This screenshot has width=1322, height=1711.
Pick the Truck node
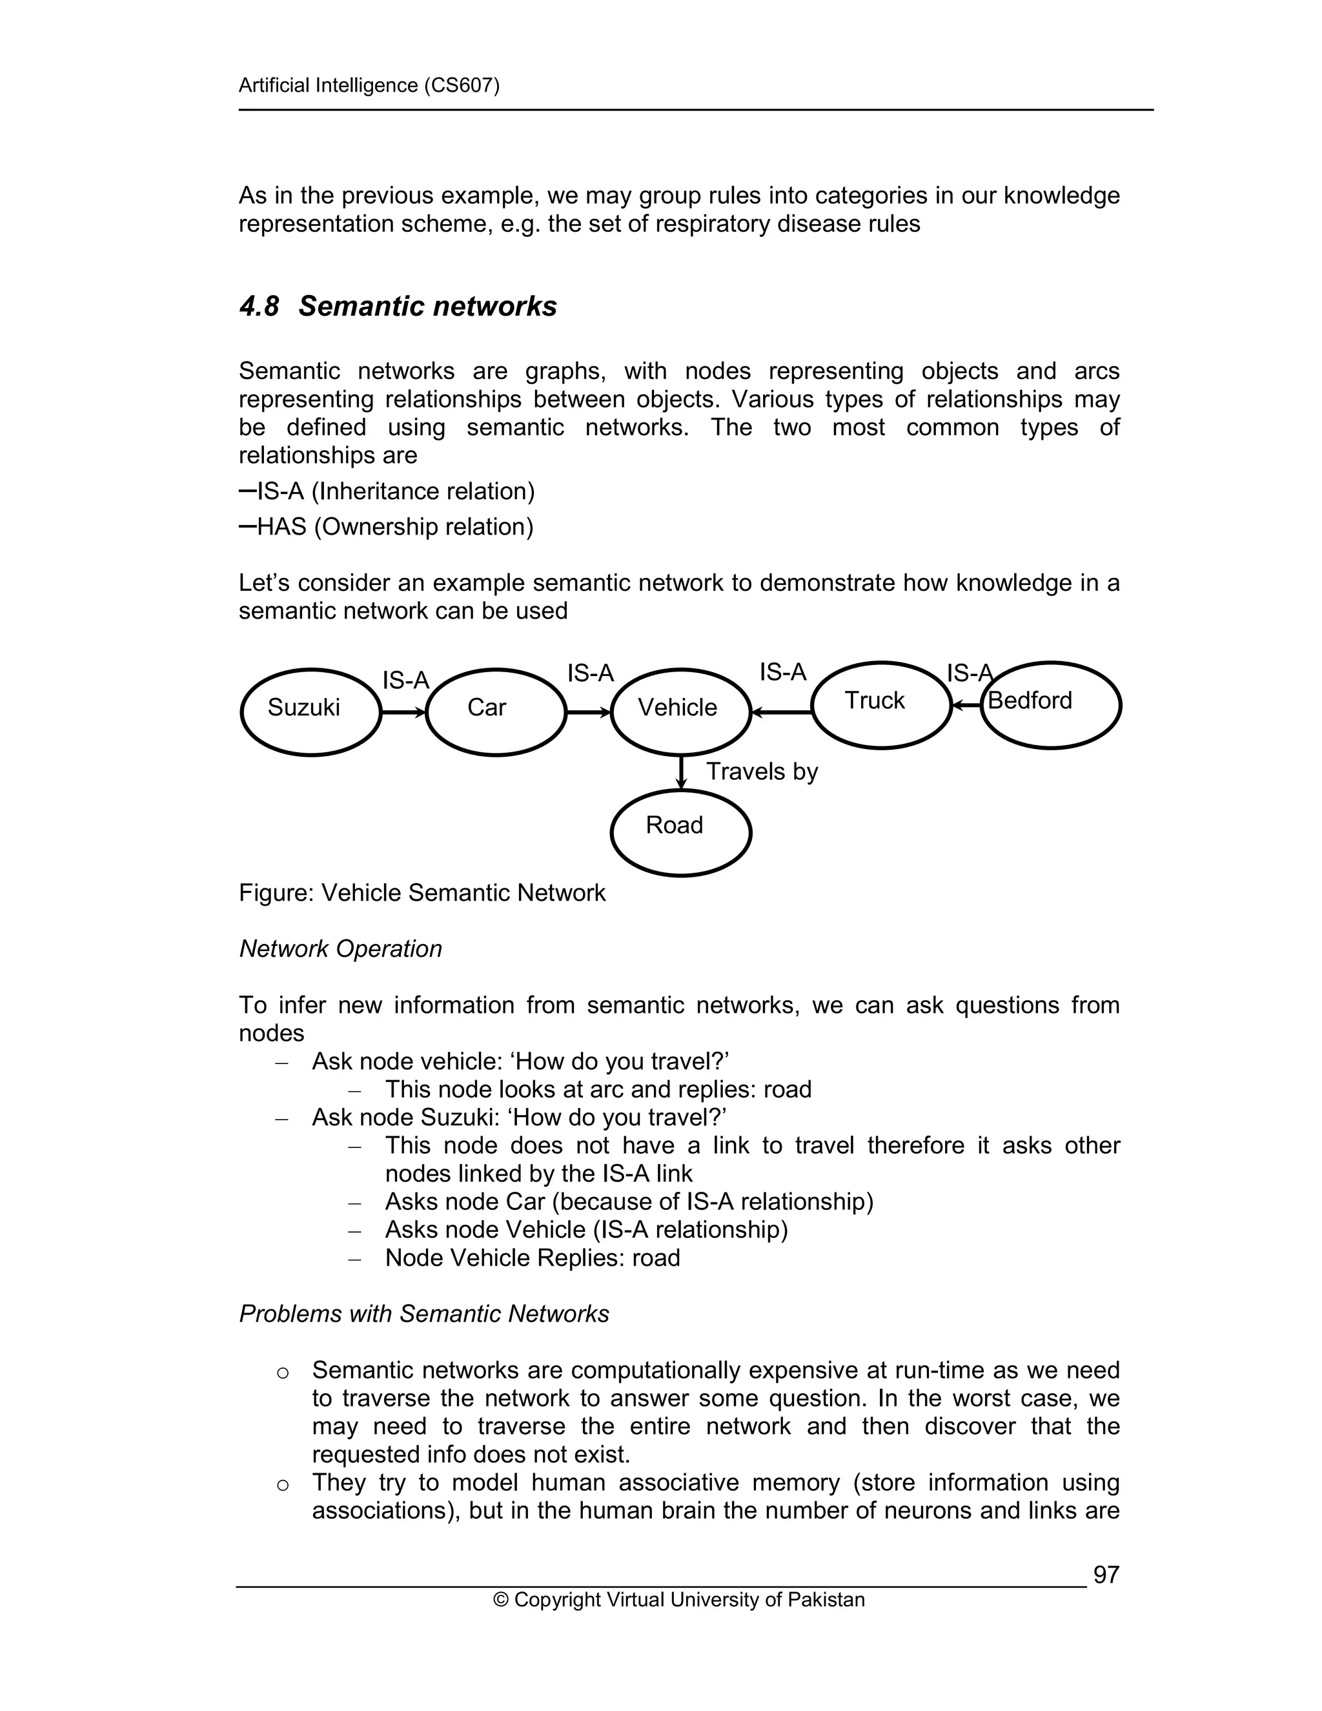pyautogui.click(x=880, y=704)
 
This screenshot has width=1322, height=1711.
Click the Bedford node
pyautogui.click(x=1050, y=704)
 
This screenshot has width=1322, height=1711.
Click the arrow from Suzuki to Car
pyautogui.click(x=403, y=712)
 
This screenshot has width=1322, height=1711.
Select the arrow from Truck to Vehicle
pyautogui.click(x=781, y=712)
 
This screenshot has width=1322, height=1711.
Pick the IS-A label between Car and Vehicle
pyautogui.click(x=590, y=673)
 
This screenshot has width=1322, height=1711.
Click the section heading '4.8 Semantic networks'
pyautogui.click(x=398, y=306)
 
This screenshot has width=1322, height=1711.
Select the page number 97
pyautogui.click(x=1106, y=1575)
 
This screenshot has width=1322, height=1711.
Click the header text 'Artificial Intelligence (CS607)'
pyautogui.click(x=369, y=85)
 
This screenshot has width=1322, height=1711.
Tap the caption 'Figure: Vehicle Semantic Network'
pyautogui.click(x=422, y=893)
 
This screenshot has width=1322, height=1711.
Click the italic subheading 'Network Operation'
pyautogui.click(x=340, y=948)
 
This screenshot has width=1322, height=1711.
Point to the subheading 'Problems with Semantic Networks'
pyautogui.click(x=423, y=1314)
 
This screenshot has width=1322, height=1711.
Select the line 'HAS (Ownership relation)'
pyautogui.click(x=394, y=526)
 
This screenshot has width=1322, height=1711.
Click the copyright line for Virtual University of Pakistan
pyautogui.click(x=678, y=1600)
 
